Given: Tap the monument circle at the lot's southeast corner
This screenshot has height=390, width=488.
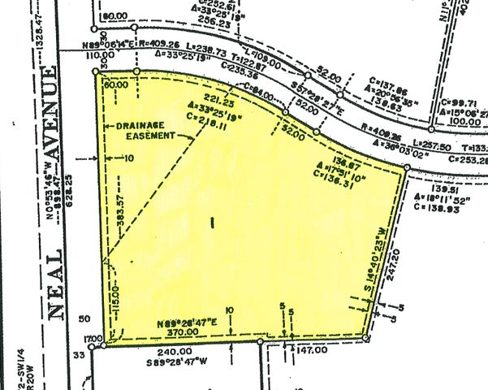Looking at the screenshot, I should click(x=366, y=337).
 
